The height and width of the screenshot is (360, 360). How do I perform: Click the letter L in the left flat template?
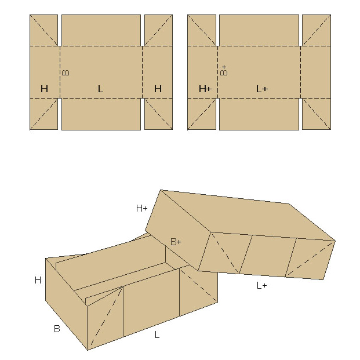[x=100, y=89]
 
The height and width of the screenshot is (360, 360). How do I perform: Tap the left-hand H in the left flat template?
[x=44, y=89]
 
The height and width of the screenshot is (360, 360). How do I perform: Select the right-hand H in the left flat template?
[x=158, y=89]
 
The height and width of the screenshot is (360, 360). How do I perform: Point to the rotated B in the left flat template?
[x=66, y=73]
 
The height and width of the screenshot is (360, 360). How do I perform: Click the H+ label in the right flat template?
[x=205, y=89]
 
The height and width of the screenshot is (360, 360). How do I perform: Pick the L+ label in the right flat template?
[x=262, y=89]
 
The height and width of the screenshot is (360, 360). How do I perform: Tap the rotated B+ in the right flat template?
[x=224, y=70]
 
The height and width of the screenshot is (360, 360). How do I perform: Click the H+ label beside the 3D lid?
[x=141, y=209]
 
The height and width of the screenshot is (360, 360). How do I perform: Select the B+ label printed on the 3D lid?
[x=176, y=242]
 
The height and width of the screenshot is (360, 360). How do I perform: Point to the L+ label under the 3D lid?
[x=261, y=286]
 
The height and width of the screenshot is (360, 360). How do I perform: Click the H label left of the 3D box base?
[x=38, y=280]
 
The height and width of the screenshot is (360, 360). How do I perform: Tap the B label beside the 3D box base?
[x=57, y=329]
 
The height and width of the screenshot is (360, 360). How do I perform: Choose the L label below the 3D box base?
[x=157, y=334]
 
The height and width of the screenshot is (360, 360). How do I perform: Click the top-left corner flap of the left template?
[x=43, y=30]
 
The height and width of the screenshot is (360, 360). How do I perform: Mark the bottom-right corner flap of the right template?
[x=317, y=114]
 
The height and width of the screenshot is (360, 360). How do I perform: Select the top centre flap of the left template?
[x=101, y=30]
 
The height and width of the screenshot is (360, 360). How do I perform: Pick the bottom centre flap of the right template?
[x=259, y=114]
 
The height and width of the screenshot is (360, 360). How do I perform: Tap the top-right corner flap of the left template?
[x=158, y=30]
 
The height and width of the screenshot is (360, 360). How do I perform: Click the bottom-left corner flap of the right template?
[x=202, y=114]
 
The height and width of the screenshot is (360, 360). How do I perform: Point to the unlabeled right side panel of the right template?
[x=315, y=72]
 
